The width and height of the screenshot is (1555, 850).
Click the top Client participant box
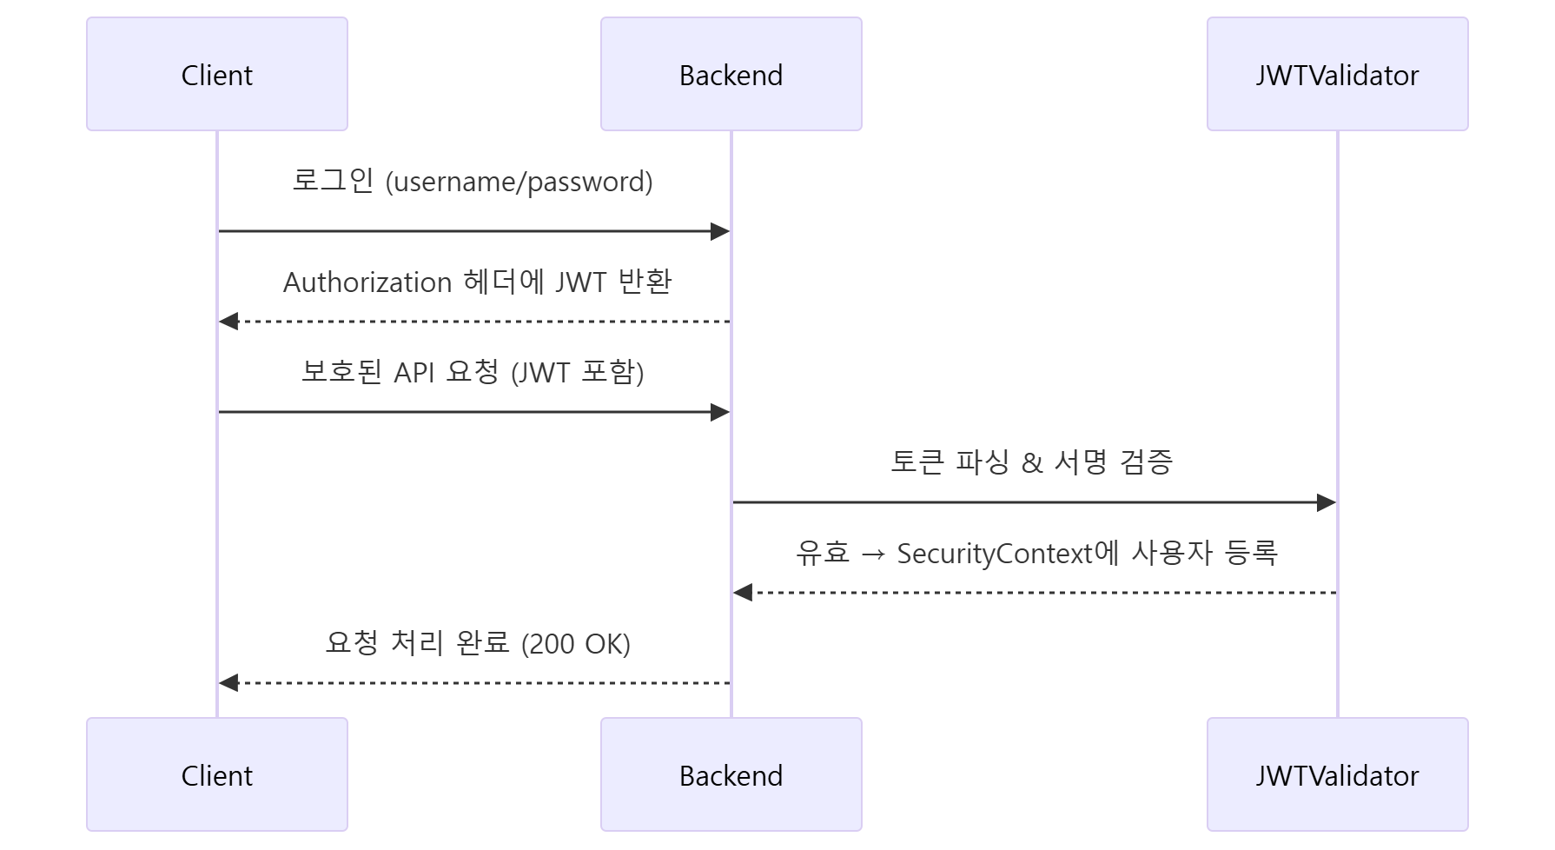click(217, 74)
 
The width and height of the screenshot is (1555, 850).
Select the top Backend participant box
click(731, 74)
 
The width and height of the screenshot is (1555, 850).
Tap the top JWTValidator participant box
click(1338, 74)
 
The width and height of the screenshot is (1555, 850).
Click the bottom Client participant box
click(217, 774)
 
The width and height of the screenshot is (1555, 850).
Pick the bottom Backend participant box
click(731, 774)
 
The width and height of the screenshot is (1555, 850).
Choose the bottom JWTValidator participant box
click(1338, 774)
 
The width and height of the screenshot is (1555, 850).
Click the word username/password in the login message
click(519, 182)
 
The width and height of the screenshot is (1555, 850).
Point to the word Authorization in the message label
click(367, 282)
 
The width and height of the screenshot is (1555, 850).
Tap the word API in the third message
click(414, 372)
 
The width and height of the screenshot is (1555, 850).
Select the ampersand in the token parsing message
click(1032, 462)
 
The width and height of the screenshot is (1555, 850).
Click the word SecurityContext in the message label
click(996, 554)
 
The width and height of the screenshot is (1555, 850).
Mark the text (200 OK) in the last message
click(576, 644)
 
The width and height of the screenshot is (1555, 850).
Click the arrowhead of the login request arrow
click(720, 231)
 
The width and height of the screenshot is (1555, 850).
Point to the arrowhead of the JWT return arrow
click(228, 322)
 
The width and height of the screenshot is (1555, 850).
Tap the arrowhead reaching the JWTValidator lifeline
click(1327, 502)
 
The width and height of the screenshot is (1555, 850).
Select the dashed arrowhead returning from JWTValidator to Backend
click(743, 593)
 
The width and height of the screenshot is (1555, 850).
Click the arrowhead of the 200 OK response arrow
click(228, 683)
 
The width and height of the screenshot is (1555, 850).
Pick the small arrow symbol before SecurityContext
click(873, 554)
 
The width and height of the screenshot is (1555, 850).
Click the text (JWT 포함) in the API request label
click(578, 373)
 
